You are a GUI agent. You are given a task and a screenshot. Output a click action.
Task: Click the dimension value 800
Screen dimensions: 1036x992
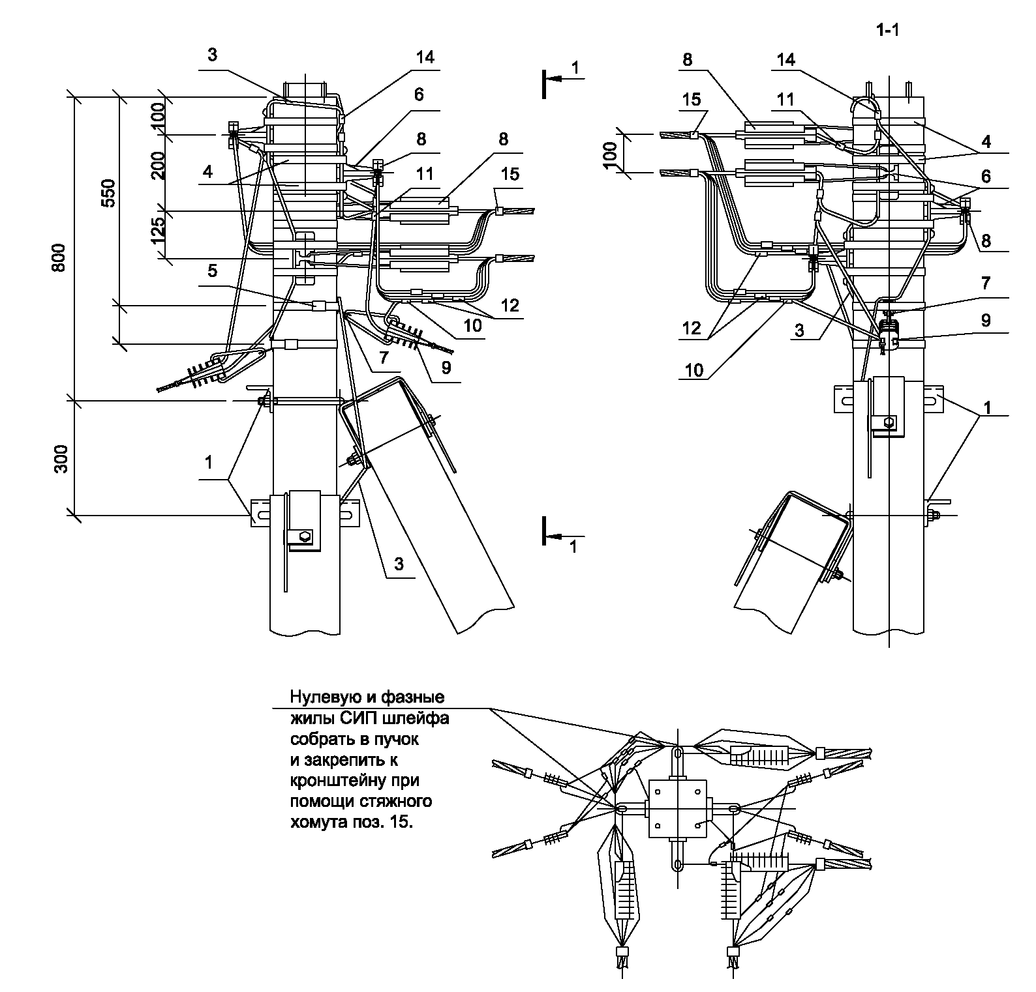[x=59, y=258]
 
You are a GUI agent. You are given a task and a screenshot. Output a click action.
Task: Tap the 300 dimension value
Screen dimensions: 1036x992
[x=61, y=459]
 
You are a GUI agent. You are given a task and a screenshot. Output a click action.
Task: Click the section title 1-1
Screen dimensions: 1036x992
[x=887, y=31]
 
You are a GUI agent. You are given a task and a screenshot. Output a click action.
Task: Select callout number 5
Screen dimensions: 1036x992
[x=211, y=269]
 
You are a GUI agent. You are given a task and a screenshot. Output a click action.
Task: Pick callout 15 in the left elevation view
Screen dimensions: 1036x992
[x=510, y=174]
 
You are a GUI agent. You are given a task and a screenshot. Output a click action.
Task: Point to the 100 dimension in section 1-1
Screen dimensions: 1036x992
[x=610, y=154]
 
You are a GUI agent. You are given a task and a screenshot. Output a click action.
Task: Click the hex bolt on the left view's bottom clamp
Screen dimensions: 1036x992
[x=304, y=537]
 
